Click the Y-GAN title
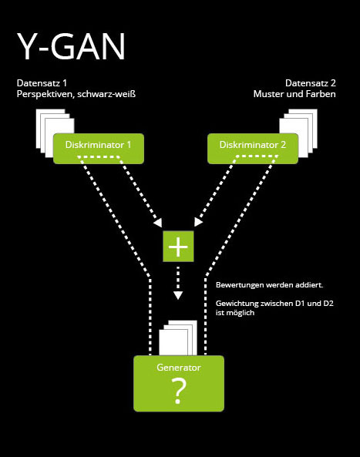(x=71, y=46)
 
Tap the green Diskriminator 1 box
(x=99, y=149)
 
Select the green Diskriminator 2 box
(x=253, y=149)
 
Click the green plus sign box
(x=178, y=247)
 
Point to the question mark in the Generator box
(x=179, y=391)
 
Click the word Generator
(x=179, y=368)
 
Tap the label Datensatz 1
(x=42, y=83)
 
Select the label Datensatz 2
(x=311, y=83)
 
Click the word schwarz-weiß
(x=106, y=94)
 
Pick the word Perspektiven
(x=45, y=95)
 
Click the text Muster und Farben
(x=294, y=94)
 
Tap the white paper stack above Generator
(x=178, y=338)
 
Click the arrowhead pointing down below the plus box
(x=178, y=295)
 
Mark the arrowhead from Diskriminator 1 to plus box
(x=158, y=223)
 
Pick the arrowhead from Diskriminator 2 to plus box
(x=198, y=223)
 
